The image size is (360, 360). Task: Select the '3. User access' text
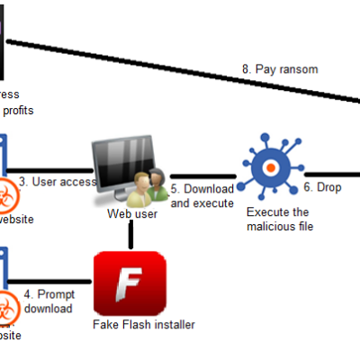point(58,182)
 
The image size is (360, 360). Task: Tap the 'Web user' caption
point(132,214)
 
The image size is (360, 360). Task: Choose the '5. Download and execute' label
point(202,196)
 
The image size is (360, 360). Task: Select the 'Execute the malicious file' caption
point(277,219)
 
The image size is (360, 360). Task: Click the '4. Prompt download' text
point(50,301)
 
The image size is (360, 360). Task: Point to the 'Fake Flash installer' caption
point(143,324)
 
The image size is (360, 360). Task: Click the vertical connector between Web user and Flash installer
point(131,236)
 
